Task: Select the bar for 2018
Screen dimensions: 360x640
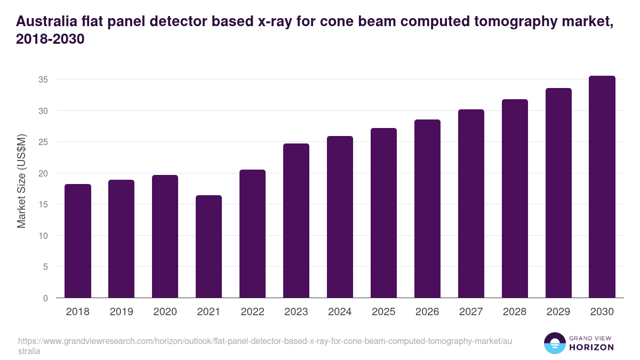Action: tap(78, 241)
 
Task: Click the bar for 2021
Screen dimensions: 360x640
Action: tap(209, 246)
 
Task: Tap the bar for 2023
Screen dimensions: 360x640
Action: tap(296, 221)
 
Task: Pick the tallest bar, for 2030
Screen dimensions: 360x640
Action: tap(602, 187)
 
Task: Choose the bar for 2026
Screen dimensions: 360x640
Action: tap(427, 209)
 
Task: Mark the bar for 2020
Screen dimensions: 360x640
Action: tap(165, 236)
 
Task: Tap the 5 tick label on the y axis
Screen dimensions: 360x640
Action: tap(46, 267)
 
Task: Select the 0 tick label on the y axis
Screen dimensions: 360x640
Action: tap(46, 298)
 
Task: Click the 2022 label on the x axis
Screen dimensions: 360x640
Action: tap(252, 312)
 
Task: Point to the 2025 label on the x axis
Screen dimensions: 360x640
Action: tap(383, 312)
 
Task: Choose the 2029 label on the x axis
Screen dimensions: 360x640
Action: tap(558, 312)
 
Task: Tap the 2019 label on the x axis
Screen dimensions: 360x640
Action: tap(121, 312)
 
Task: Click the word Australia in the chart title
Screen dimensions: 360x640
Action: tap(47, 22)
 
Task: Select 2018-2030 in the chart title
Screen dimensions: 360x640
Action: tap(51, 39)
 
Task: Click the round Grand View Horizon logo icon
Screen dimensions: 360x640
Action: tap(555, 343)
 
